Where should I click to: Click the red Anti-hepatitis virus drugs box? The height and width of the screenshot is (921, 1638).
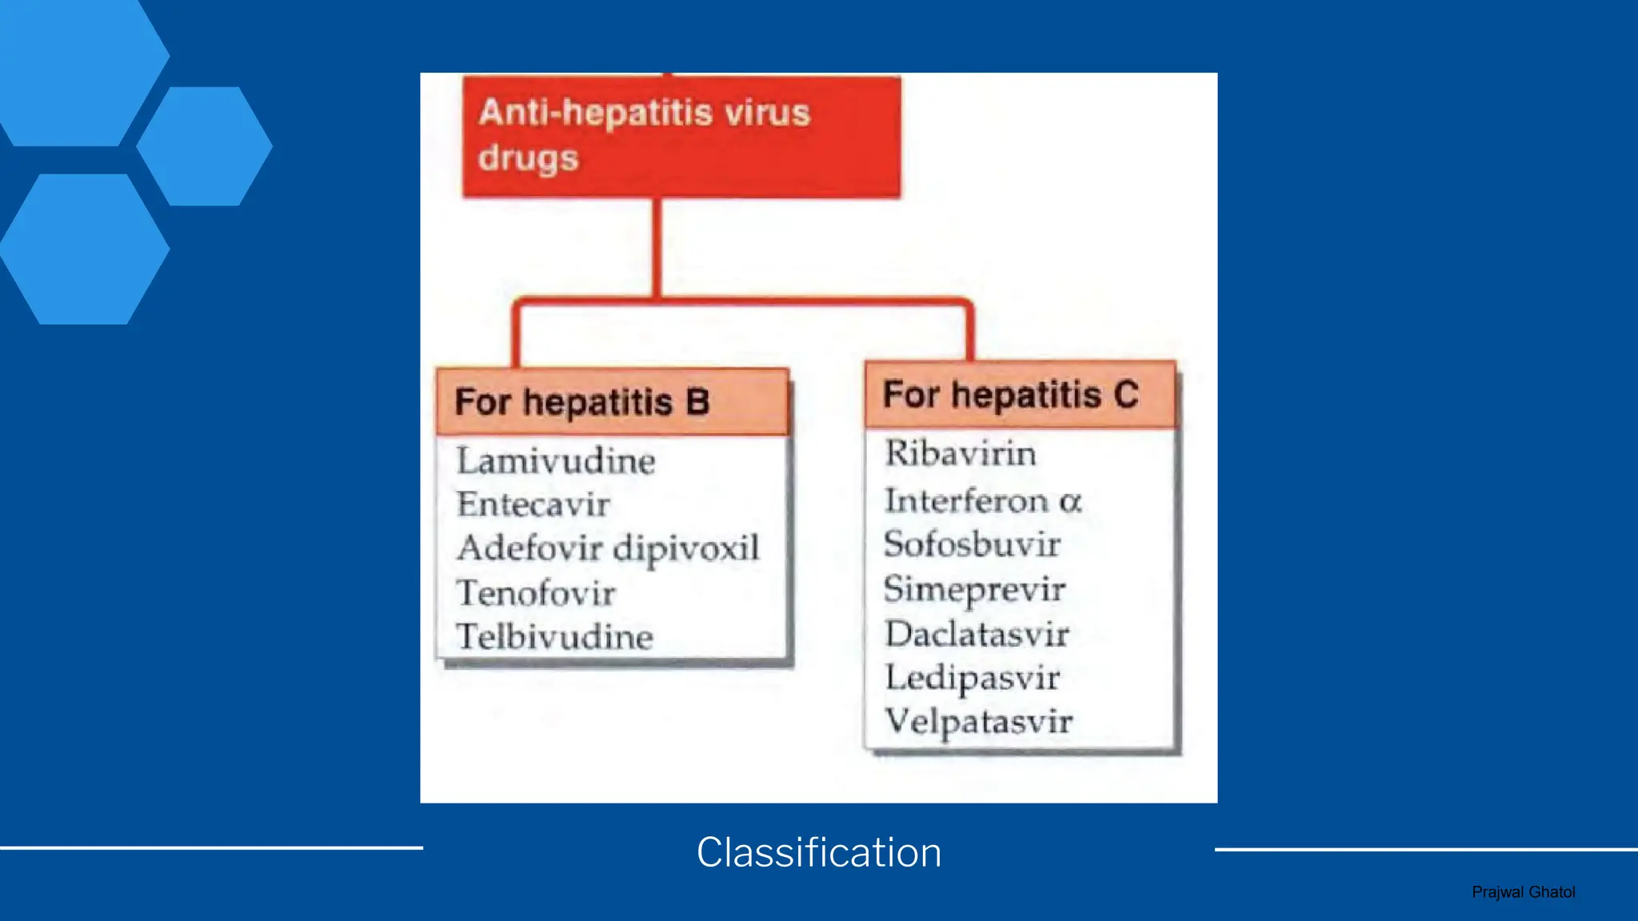click(681, 136)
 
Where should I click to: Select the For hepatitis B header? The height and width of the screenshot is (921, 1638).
click(613, 401)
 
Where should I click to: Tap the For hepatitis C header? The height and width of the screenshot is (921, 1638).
click(1021, 394)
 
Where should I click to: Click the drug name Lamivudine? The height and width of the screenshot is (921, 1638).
click(556, 461)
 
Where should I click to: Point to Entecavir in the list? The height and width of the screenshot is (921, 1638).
click(533, 504)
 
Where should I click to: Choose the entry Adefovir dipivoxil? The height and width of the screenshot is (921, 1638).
click(608, 549)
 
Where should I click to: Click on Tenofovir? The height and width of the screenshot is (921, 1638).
click(536, 593)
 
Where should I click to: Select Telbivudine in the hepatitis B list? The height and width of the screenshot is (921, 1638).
click(555, 637)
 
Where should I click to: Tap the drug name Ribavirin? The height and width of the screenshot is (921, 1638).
click(961, 453)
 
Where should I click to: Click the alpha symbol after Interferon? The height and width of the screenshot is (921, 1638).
click(1071, 502)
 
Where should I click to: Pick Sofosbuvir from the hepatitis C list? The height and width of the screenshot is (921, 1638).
click(973, 544)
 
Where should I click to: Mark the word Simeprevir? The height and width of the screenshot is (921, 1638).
click(975, 590)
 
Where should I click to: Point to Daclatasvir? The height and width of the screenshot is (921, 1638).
click(977, 634)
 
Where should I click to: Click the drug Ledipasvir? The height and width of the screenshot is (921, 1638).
click(973, 679)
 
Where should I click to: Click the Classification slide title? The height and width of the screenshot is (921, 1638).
click(819, 852)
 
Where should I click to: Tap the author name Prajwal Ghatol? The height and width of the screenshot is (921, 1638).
click(1524, 892)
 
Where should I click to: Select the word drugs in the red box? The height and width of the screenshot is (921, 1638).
click(529, 158)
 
